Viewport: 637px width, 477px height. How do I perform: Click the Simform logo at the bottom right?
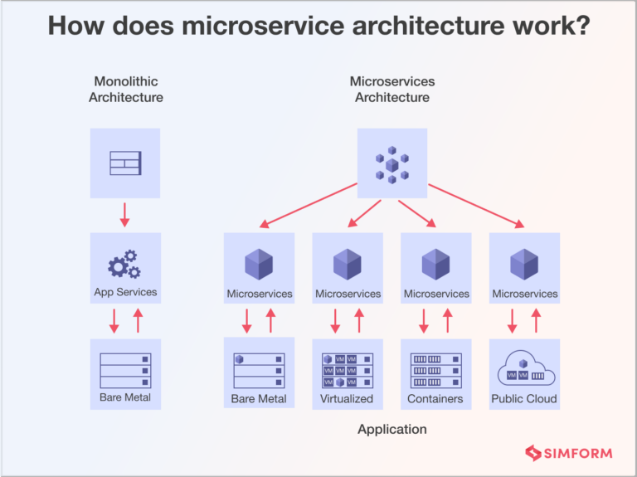pos(568,453)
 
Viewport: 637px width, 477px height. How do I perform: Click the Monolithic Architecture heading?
pos(126,90)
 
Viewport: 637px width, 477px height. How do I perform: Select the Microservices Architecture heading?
pos(392,90)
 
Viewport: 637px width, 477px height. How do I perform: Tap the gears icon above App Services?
pos(124,264)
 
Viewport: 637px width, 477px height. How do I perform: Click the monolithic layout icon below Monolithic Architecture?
pos(125,163)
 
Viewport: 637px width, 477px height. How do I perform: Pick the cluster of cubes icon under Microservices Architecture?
pos(392,163)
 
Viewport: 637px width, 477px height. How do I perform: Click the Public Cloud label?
pos(524,399)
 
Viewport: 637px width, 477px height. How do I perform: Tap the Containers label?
pos(435,399)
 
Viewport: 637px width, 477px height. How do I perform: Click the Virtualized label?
pos(347,399)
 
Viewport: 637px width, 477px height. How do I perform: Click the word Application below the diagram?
pos(392,429)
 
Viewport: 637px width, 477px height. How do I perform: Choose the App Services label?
pos(125,292)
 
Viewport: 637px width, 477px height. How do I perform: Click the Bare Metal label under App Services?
pos(125,397)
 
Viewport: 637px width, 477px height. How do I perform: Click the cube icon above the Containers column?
pos(435,264)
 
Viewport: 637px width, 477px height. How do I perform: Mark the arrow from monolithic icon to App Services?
pos(125,214)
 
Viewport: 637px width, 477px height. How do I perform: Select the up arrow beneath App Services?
pos(138,319)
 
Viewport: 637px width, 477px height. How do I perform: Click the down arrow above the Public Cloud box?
pos(512,320)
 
